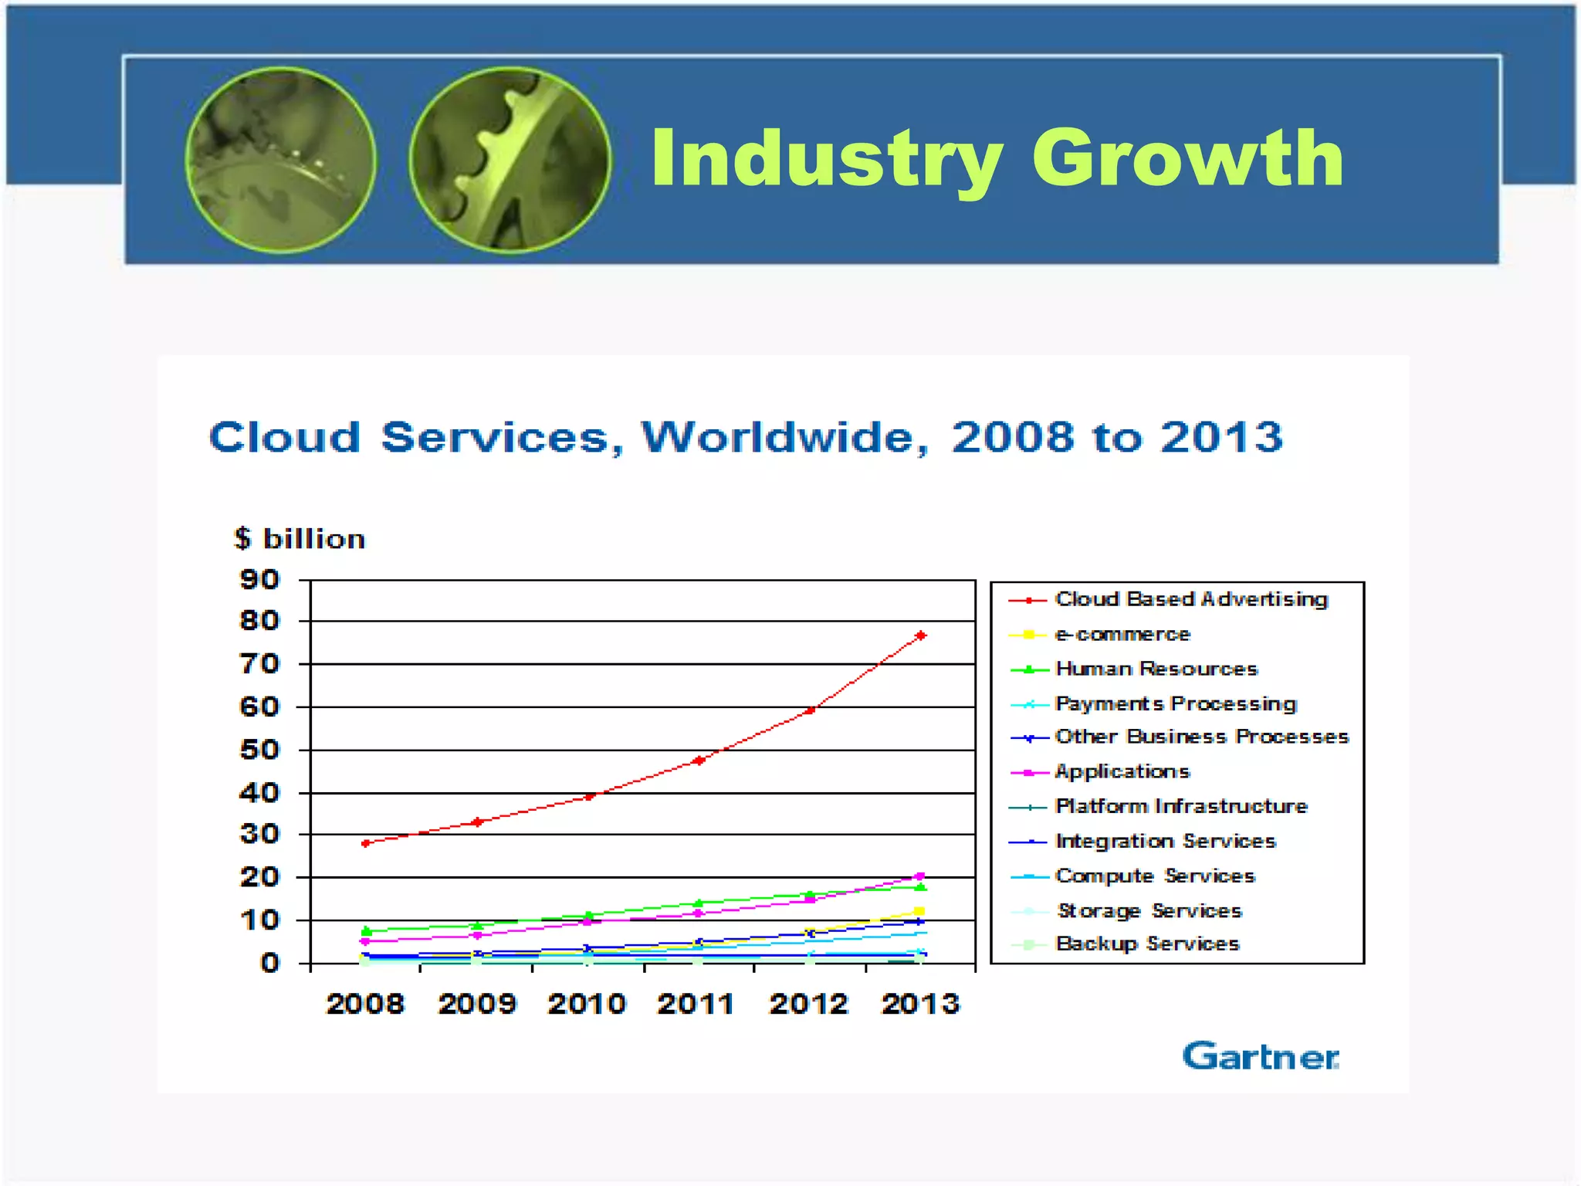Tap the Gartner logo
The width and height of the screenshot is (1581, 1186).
click(x=1260, y=1057)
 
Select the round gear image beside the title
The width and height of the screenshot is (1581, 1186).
click(x=510, y=161)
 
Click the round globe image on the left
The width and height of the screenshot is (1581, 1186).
click(x=281, y=161)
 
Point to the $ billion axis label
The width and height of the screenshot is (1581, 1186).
click(x=300, y=538)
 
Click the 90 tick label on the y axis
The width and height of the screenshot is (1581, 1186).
click(x=259, y=579)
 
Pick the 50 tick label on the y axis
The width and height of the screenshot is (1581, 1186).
click(x=259, y=750)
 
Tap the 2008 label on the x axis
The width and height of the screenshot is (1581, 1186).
click(x=365, y=1004)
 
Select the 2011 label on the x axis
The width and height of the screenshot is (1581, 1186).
click(x=696, y=1004)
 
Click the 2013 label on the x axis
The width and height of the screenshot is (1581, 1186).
click(x=920, y=1004)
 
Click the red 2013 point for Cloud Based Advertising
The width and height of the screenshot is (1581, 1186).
click(x=920, y=635)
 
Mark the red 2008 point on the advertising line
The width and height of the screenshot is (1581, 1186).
click(x=366, y=843)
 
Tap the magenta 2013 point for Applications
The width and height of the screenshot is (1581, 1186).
click(x=919, y=876)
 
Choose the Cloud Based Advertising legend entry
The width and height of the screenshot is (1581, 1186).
click(x=1190, y=599)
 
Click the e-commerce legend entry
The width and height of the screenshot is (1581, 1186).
click(x=1122, y=634)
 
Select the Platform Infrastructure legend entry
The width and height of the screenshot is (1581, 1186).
click(x=1180, y=806)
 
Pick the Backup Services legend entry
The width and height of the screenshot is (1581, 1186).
click(x=1146, y=944)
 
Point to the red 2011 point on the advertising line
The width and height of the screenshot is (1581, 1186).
click(x=699, y=761)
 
